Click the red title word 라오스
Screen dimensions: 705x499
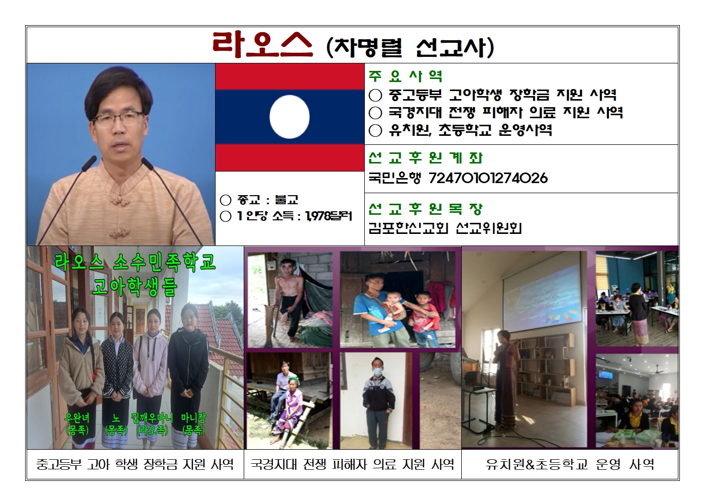click(x=262, y=45)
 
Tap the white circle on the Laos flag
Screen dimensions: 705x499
click(x=289, y=117)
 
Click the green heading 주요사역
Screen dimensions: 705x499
click(x=406, y=76)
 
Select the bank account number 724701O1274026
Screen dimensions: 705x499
click(x=488, y=178)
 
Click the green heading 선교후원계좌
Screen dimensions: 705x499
click(x=426, y=158)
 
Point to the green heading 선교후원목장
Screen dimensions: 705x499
click(x=426, y=209)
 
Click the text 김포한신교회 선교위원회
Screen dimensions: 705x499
click(x=445, y=228)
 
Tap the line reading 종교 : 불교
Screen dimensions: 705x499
click(x=259, y=200)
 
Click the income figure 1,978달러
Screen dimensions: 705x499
click(x=329, y=216)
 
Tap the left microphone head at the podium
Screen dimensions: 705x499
click(x=90, y=162)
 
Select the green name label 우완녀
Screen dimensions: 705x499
click(x=77, y=418)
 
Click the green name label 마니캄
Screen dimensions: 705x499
click(x=193, y=418)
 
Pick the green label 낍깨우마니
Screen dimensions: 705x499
click(x=152, y=418)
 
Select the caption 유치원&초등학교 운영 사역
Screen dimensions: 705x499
click(x=570, y=464)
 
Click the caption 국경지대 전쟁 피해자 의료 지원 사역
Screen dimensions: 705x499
click(x=353, y=464)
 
